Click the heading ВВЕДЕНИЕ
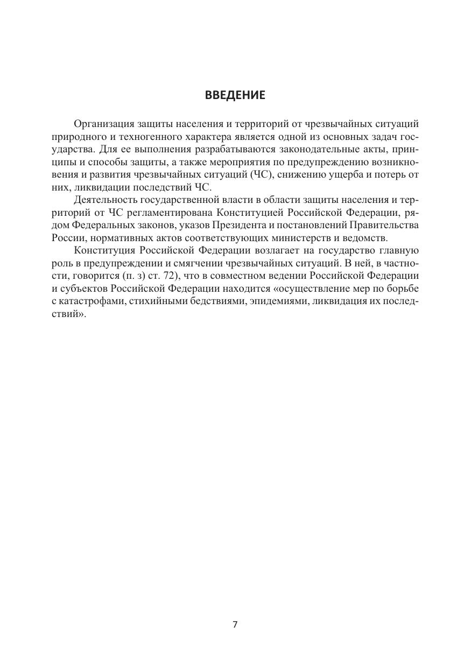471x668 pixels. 235,96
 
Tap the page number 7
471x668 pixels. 235,624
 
